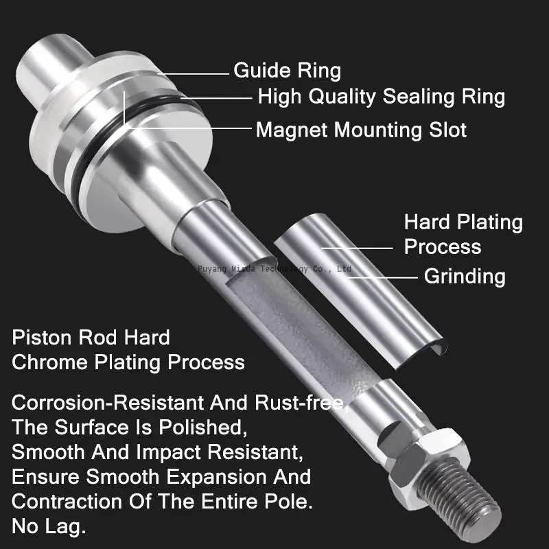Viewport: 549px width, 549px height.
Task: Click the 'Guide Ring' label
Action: pos(287,71)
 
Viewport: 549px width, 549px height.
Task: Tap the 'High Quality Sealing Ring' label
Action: pos(381,97)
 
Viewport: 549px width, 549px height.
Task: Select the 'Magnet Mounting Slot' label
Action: pos(361,130)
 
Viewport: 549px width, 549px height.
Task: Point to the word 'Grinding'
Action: pos(465,277)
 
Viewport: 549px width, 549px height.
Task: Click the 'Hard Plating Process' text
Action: pos(463,234)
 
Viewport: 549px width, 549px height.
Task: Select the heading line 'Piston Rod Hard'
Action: pos(91,338)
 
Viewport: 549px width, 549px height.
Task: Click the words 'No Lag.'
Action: pos(49,527)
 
